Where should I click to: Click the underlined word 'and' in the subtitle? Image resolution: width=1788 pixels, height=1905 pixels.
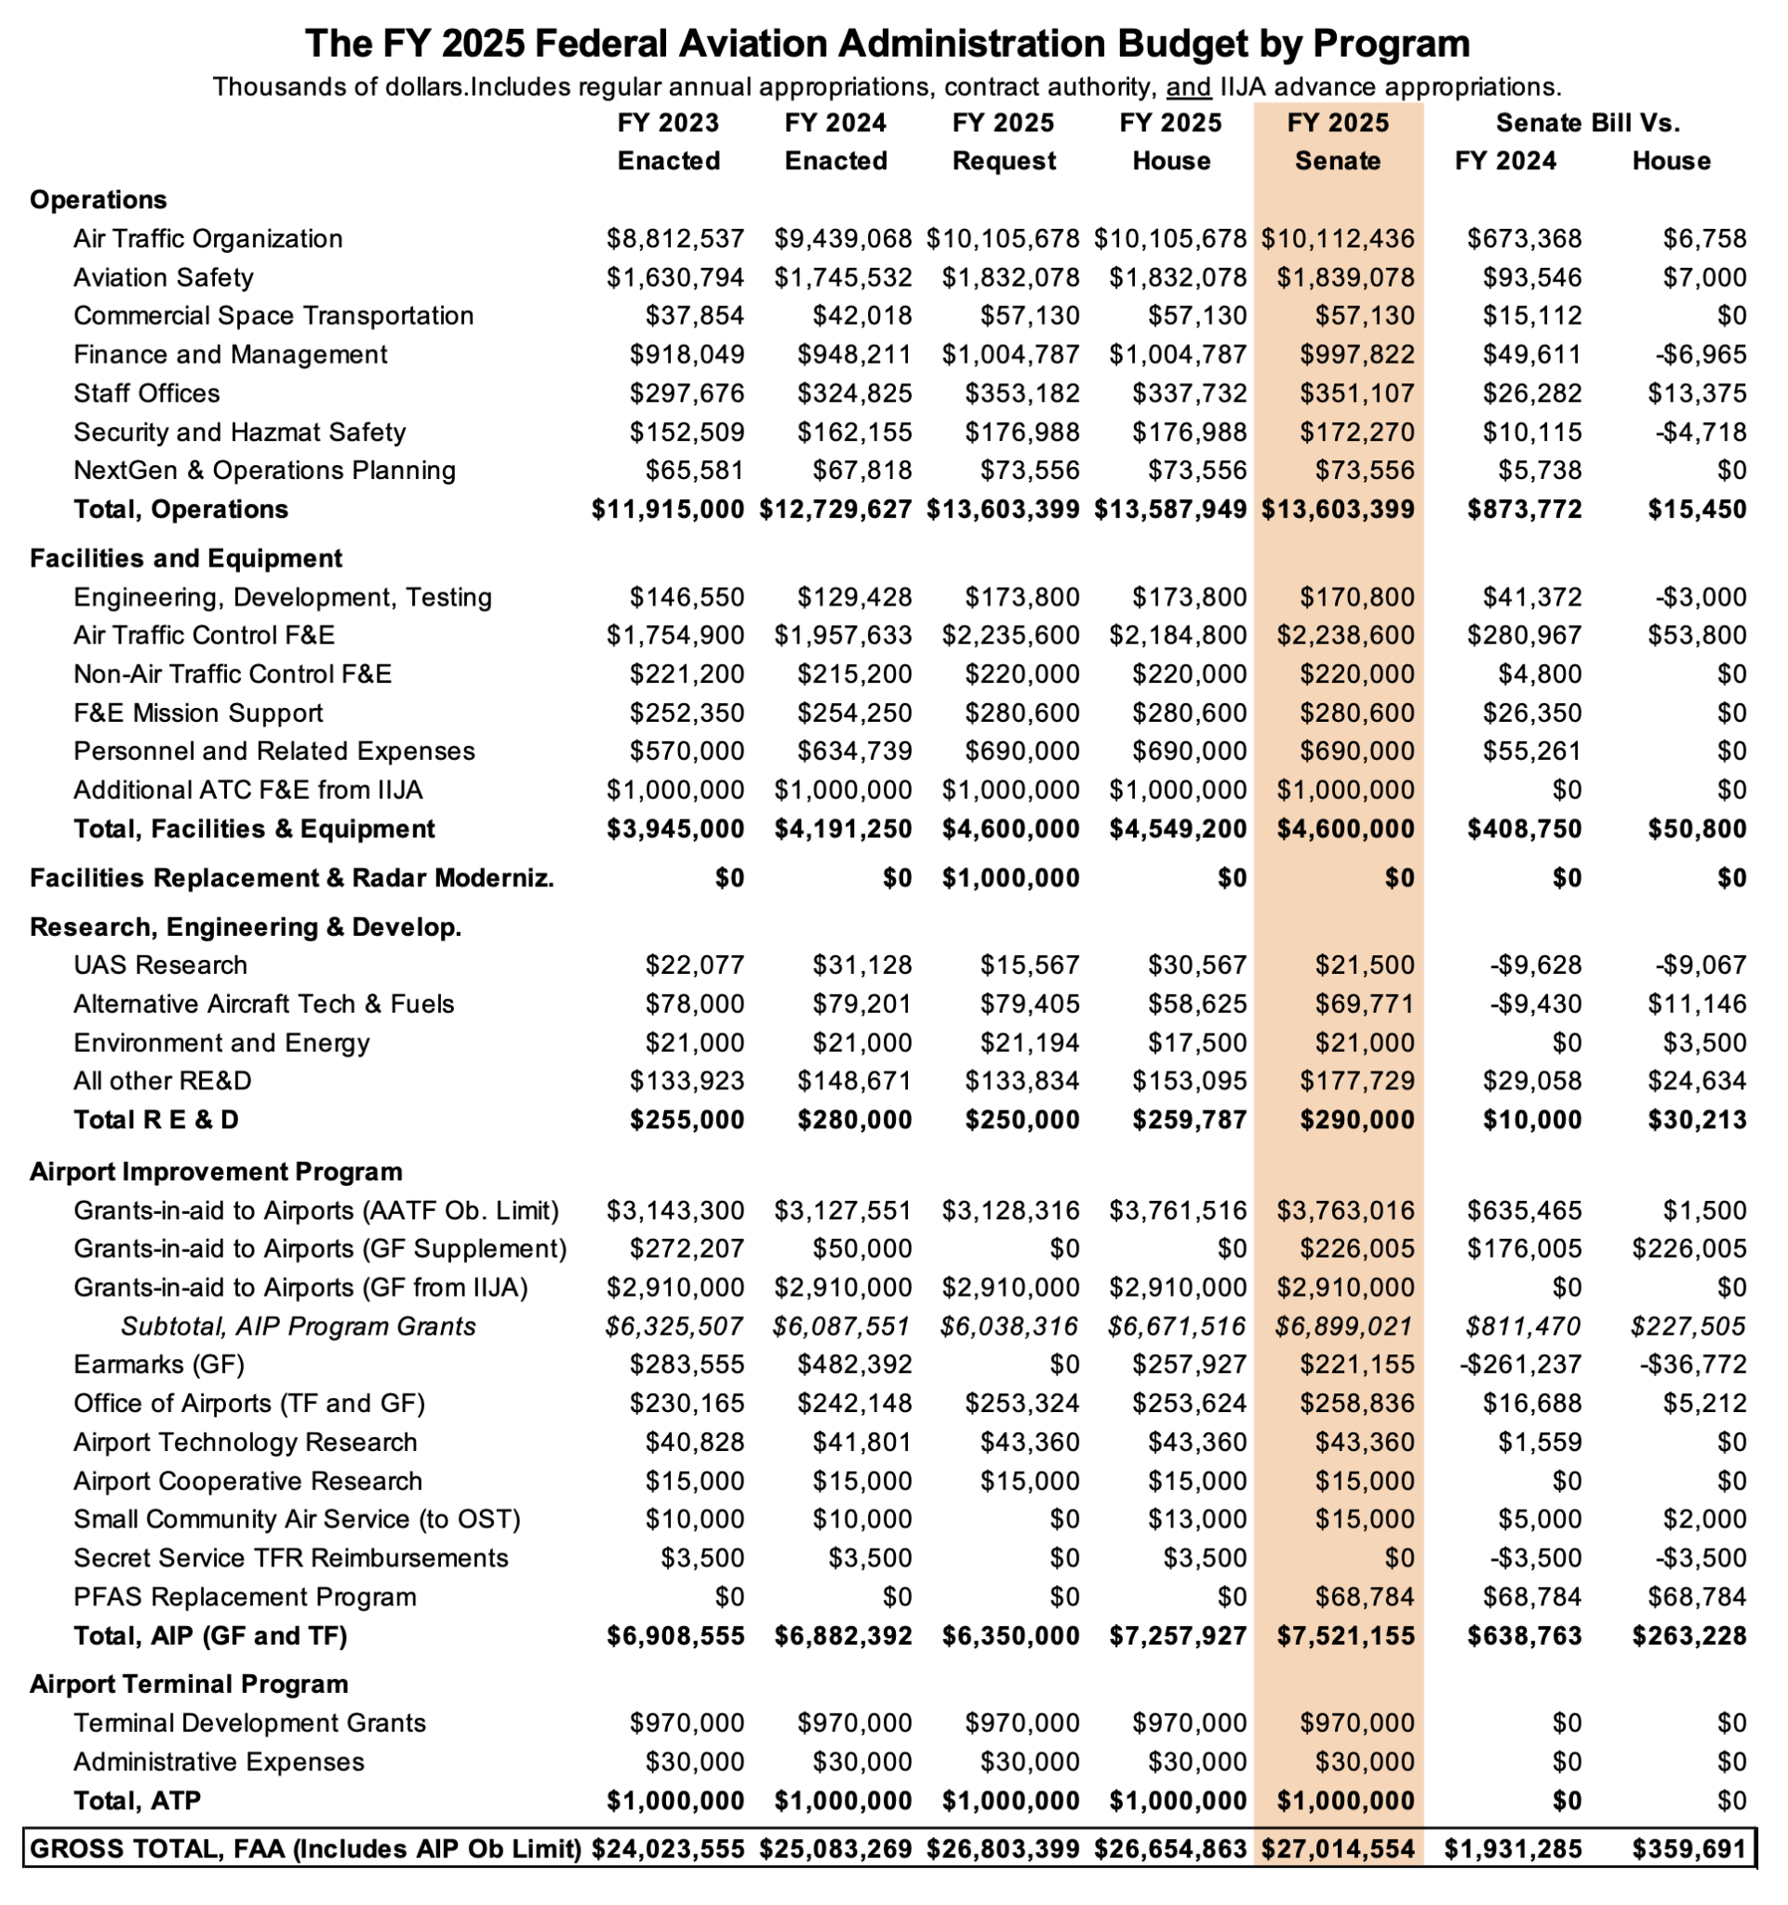pyautogui.click(x=1189, y=87)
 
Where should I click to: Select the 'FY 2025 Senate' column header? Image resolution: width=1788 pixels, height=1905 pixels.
pyautogui.click(x=1338, y=141)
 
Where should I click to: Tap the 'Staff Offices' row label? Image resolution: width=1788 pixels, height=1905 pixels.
pyautogui.click(x=147, y=393)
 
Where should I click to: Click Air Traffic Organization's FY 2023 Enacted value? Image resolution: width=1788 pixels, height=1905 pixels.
pyautogui.click(x=674, y=239)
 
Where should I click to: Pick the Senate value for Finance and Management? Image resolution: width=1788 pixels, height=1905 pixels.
pyautogui.click(x=1356, y=354)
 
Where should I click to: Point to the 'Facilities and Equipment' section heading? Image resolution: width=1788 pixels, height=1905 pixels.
pyautogui.click(x=186, y=559)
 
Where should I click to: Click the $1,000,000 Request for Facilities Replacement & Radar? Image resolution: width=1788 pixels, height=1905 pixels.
pyautogui.click(x=1010, y=878)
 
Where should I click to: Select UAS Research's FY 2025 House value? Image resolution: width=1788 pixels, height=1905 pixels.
pyautogui.click(x=1198, y=965)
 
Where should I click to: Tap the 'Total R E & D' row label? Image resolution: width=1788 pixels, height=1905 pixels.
pyautogui.click(x=156, y=1119)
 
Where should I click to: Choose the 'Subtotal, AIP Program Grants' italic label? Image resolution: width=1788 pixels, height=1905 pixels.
pyautogui.click(x=298, y=1326)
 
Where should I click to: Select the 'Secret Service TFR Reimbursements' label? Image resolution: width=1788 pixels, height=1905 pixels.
pyautogui.click(x=290, y=1558)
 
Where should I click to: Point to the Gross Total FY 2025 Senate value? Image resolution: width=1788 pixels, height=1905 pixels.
pyautogui.click(x=1338, y=1848)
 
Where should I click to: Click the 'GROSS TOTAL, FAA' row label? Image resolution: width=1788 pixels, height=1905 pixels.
pyautogui.click(x=305, y=1848)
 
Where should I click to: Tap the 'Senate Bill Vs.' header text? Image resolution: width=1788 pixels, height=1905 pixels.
pyautogui.click(x=1588, y=123)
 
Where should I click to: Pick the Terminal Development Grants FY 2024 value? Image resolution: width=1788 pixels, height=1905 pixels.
pyautogui.click(x=855, y=1723)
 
